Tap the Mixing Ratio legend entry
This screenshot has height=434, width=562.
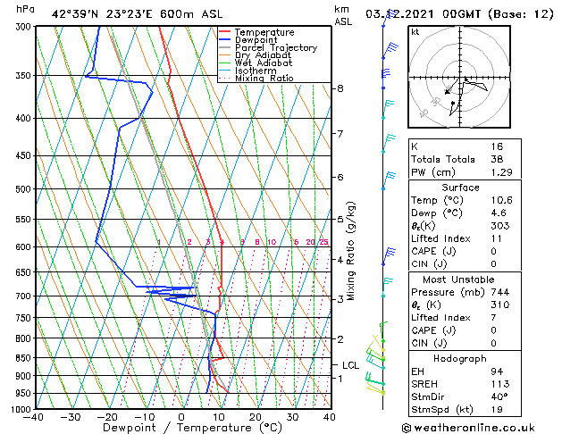(x=264, y=79)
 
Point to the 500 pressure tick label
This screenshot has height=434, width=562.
(x=22, y=189)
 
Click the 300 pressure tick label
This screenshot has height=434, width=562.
(x=22, y=27)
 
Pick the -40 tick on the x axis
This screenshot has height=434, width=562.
(x=34, y=416)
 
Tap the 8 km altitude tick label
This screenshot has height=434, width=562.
(x=340, y=88)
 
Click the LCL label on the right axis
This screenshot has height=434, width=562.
(x=350, y=364)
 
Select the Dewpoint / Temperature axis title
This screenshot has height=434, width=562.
(x=180, y=428)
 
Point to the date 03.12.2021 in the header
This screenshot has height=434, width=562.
(x=398, y=13)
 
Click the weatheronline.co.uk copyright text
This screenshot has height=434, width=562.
(x=480, y=427)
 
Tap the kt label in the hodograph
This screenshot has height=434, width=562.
(x=415, y=31)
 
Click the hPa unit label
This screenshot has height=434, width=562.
(x=26, y=9)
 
